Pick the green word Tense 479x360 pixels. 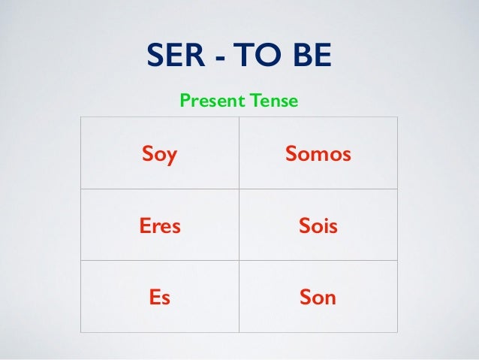pos(274,99)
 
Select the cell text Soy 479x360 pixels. pos(159,155)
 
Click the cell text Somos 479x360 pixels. pos(318,155)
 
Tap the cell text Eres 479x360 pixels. pos(160,226)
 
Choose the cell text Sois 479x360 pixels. pos(318,226)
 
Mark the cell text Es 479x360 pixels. pos(159,298)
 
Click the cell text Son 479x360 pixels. pos(318,298)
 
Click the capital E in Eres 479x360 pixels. pos(145,226)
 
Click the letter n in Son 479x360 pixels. pos(330,299)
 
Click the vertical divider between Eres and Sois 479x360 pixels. pos(239,225)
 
